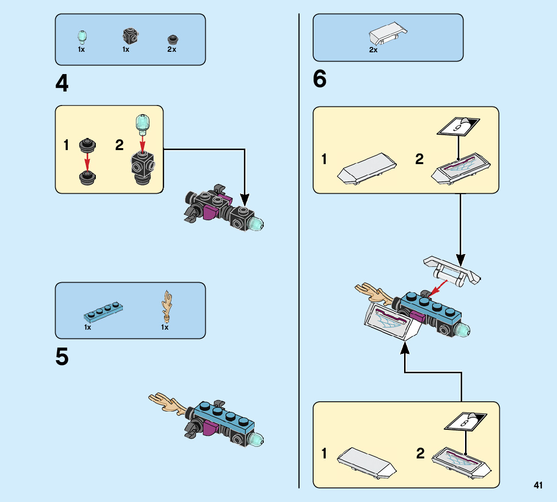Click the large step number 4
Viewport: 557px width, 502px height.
tap(62, 84)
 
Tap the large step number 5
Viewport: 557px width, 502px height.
tap(62, 357)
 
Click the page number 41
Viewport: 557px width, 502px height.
tap(538, 486)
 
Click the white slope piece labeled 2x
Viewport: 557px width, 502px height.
tap(388, 32)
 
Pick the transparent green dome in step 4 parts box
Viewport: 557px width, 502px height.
tap(82, 36)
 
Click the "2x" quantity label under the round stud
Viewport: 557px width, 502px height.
tap(172, 49)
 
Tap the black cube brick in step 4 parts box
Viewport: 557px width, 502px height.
tap(129, 35)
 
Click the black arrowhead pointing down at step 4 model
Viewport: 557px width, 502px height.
tap(245, 199)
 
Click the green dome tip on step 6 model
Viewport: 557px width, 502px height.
tap(463, 331)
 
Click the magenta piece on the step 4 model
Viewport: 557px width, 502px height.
tap(211, 211)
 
